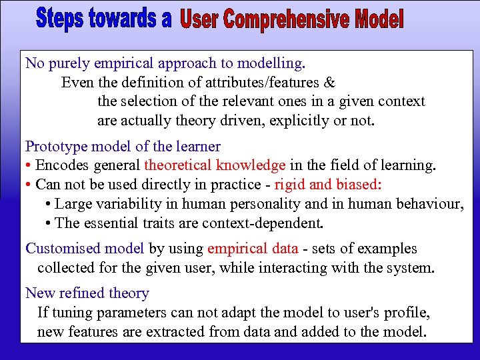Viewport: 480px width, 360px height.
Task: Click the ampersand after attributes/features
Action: coord(330,83)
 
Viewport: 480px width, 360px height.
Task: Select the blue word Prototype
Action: coord(53,146)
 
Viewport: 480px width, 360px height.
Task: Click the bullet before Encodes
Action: coord(29,165)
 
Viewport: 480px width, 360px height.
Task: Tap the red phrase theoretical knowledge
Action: coord(215,165)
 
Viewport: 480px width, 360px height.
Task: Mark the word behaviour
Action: coord(430,203)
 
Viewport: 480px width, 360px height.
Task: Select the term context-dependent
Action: coord(265,223)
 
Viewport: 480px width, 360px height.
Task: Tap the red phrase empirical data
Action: coord(253,249)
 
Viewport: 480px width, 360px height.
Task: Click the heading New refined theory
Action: coord(87,293)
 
